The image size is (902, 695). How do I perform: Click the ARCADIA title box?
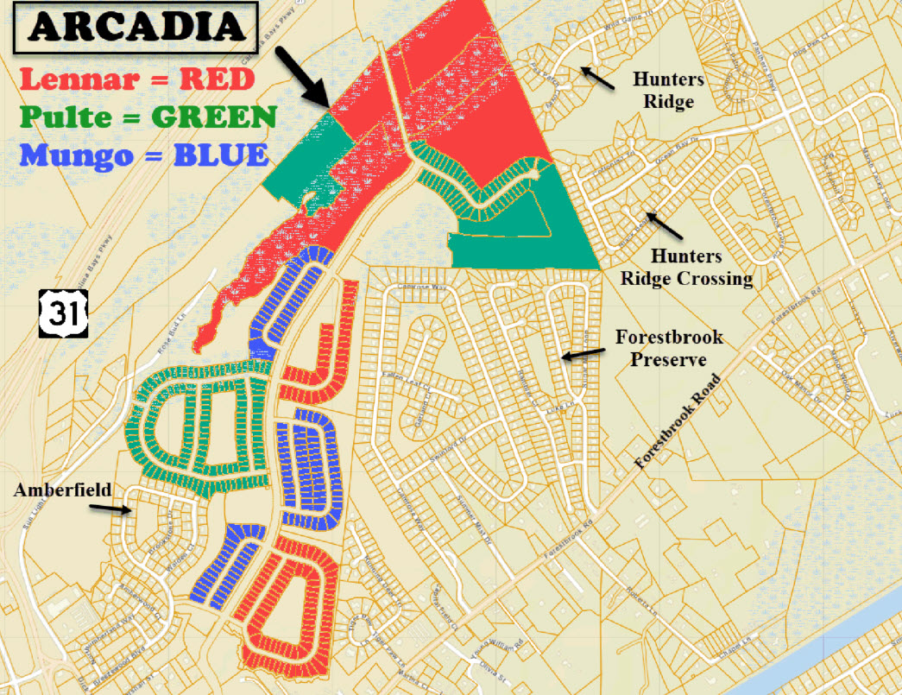(135, 27)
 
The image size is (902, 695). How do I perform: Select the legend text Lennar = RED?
(137, 79)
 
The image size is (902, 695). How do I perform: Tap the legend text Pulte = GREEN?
(148, 117)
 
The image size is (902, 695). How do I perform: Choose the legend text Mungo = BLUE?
(143, 155)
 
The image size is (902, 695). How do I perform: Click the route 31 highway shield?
(62, 314)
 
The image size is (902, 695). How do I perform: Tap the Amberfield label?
(63, 490)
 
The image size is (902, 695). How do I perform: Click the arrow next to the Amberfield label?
(111, 509)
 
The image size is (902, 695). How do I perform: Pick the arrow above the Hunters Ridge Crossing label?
(666, 225)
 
